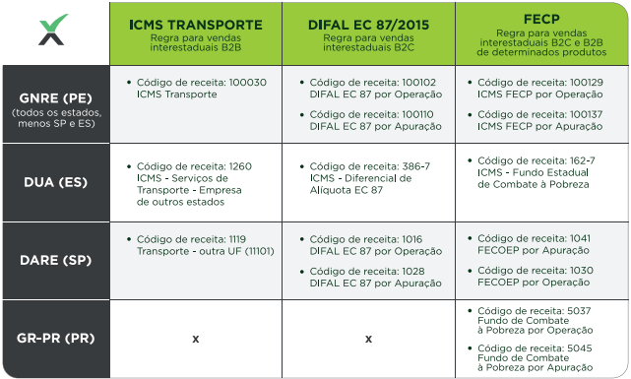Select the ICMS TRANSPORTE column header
pyautogui.click(x=195, y=26)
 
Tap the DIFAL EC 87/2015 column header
pyautogui.click(x=367, y=26)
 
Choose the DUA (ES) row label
pyautogui.click(x=55, y=182)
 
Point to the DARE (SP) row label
pyautogui.click(x=55, y=260)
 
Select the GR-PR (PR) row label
pyautogui.click(x=55, y=339)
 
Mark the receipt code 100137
pyautogui.click(x=586, y=115)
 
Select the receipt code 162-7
pyautogui.click(x=581, y=158)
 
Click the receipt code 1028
pyautogui.click(x=413, y=271)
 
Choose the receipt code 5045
pyautogui.click(x=579, y=347)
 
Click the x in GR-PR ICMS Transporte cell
pyautogui.click(x=195, y=339)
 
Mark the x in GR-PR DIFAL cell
pyautogui.click(x=368, y=339)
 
